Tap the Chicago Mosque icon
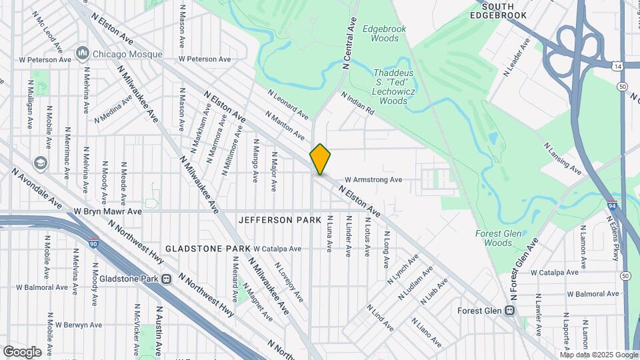click(83, 53)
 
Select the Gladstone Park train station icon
click(167, 279)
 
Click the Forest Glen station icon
click(510, 311)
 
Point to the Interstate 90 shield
click(95, 244)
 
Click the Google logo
click(22, 351)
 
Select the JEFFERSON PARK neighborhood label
click(279, 219)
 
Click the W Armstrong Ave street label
click(373, 179)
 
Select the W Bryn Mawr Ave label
click(108, 211)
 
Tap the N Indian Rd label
click(358, 104)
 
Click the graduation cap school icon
click(41, 163)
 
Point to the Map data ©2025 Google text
click(599, 354)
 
